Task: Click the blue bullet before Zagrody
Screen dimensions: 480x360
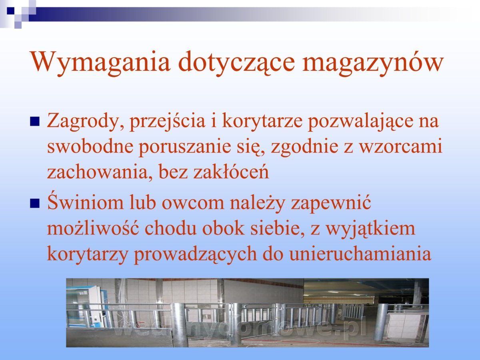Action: click(x=35, y=122)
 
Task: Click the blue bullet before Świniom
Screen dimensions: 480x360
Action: click(x=35, y=203)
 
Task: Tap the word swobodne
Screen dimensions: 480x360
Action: click(x=90, y=146)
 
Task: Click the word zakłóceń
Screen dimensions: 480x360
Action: click(x=231, y=171)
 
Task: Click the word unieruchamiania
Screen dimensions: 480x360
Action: click(x=360, y=253)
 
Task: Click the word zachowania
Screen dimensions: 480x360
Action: click(x=97, y=172)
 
